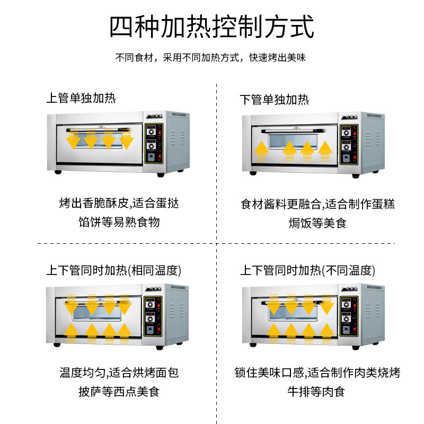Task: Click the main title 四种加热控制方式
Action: coord(211,26)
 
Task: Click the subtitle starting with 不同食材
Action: coord(211,58)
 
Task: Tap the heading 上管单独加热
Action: coord(81,98)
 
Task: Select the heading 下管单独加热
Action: coord(275,99)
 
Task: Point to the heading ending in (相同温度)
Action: coord(114,270)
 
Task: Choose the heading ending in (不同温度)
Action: coord(308,270)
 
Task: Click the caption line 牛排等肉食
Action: coord(316,392)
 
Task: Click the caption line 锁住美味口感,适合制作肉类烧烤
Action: coord(317,373)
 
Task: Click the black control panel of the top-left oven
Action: coord(155,144)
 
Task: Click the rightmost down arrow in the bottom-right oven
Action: coord(326,305)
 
